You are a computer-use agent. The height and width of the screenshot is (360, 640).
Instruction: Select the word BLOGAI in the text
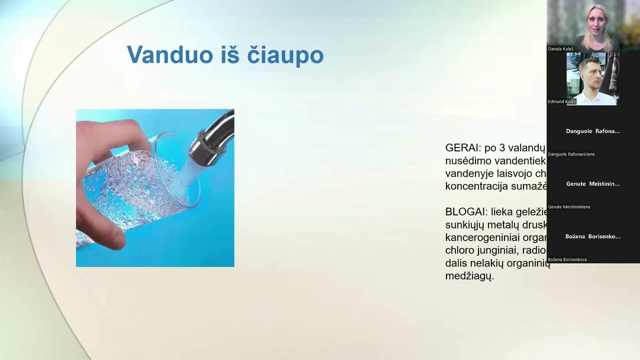[465, 211]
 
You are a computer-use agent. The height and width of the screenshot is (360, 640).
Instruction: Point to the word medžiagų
[469, 275]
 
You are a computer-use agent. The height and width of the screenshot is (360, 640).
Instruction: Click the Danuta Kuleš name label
[560, 49]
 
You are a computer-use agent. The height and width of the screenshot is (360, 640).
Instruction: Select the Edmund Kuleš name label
[562, 101]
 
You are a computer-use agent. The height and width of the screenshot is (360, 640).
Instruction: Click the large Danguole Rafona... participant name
[592, 131]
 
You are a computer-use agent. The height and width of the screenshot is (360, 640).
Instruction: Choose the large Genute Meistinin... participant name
[592, 183]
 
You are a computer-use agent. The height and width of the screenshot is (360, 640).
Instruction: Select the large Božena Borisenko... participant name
[592, 236]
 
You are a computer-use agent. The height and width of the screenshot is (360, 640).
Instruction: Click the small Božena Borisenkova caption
[567, 259]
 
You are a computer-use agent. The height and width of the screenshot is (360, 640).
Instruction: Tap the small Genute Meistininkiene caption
[569, 206]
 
